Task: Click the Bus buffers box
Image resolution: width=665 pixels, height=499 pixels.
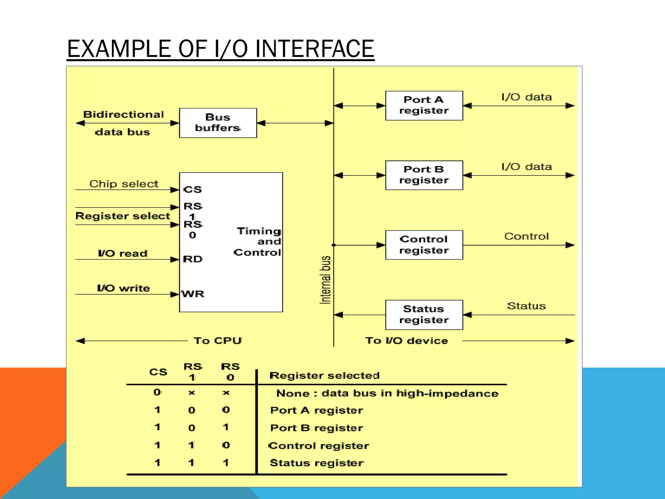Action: coord(218,123)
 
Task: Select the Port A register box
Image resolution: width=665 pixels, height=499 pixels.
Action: coord(424,105)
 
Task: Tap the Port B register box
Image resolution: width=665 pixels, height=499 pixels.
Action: coord(424,175)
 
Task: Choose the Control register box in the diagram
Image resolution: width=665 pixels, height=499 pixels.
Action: coord(424,245)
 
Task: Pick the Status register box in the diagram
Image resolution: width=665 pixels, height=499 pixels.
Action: coord(424,314)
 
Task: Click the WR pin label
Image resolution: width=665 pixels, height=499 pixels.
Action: coord(193,294)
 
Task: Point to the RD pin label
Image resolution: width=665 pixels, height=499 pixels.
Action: coord(193,259)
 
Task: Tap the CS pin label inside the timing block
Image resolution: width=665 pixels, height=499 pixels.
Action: coord(193,189)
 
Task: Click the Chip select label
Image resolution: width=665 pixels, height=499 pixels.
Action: coord(124,184)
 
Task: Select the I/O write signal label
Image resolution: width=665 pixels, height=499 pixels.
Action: coord(123,288)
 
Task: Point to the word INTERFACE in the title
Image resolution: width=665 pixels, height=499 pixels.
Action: coord(314,49)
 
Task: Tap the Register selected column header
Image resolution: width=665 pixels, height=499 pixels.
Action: coord(324,376)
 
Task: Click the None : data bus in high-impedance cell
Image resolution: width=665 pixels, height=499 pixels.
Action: coord(387,393)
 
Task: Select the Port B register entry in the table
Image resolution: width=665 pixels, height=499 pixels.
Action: coord(317,428)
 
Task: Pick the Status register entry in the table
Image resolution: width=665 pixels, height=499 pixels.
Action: coord(317,463)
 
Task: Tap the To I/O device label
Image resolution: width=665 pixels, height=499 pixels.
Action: coord(407,340)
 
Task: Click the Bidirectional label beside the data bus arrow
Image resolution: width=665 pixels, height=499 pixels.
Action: coord(124,114)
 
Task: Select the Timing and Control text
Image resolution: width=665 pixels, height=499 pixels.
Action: coord(258,242)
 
